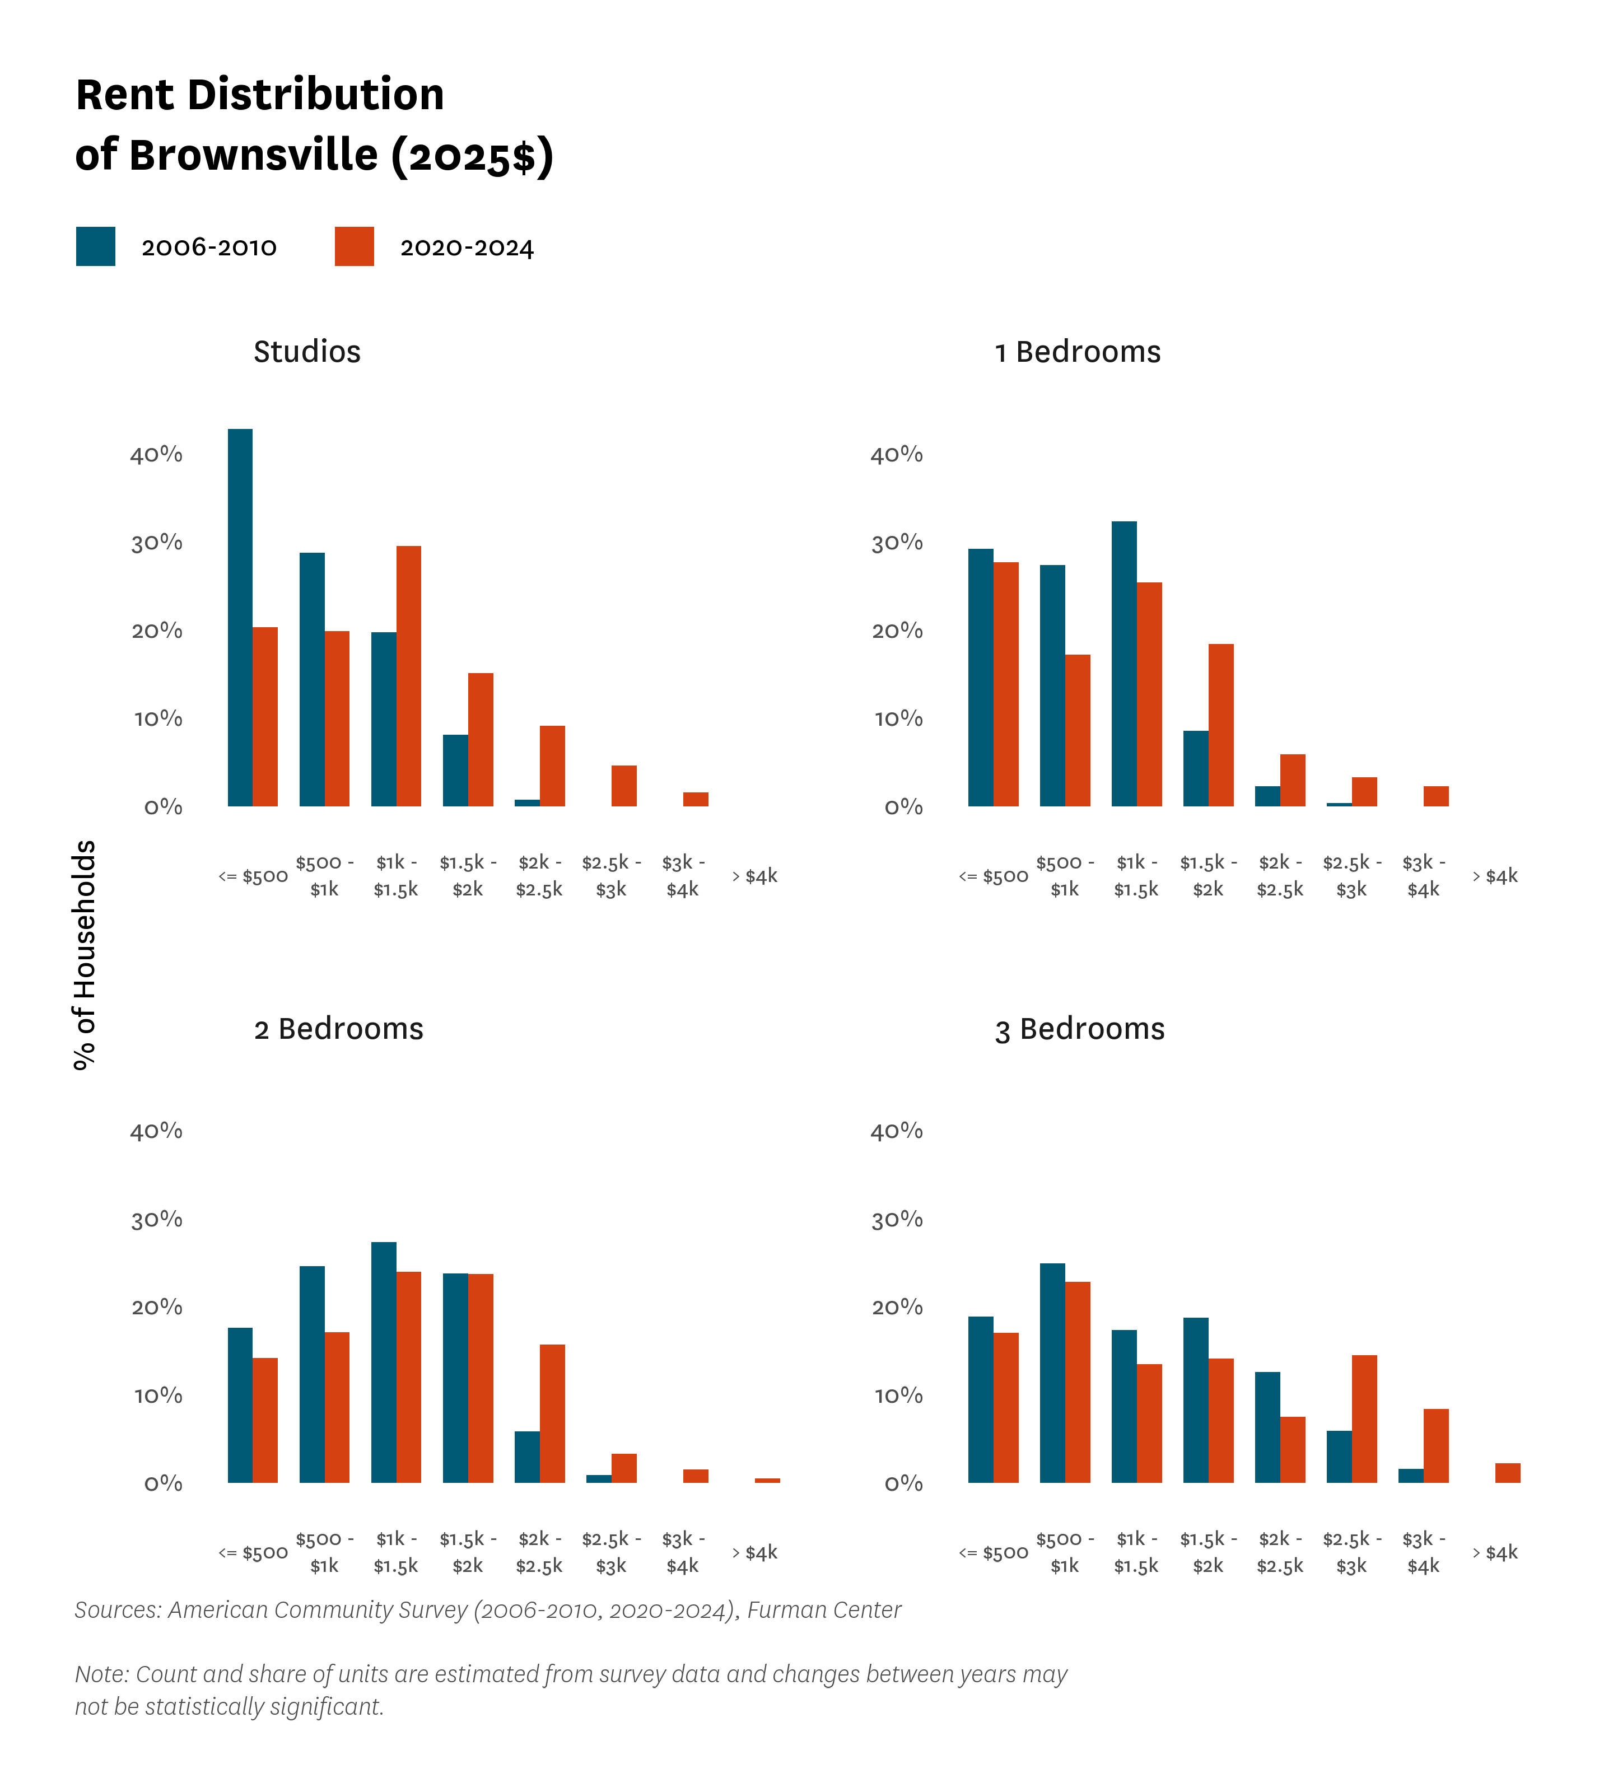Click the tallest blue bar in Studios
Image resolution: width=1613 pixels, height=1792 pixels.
point(240,618)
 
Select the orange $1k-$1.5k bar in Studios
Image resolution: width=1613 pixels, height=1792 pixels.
point(408,676)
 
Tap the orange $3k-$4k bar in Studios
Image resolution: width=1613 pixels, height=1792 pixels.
point(696,799)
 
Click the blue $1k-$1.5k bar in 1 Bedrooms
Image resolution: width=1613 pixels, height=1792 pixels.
point(1124,664)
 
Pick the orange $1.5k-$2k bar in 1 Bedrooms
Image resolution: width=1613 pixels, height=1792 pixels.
point(1220,725)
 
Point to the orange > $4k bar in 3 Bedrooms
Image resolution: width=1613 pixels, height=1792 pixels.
point(1508,1473)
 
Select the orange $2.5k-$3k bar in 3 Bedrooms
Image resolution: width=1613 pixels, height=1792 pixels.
point(1364,1419)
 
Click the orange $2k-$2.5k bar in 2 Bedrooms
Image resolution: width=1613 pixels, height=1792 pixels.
point(552,1413)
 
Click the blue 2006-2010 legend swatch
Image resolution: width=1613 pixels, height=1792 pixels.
point(96,246)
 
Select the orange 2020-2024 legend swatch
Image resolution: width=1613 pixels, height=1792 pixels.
point(355,246)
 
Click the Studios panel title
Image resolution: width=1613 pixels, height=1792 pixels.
point(307,352)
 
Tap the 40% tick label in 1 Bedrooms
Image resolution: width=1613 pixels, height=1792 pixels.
point(896,455)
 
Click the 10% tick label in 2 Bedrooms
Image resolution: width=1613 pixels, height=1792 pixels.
point(158,1396)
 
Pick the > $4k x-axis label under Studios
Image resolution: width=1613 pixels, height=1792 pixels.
point(755,876)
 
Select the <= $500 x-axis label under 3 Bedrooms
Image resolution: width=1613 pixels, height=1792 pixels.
point(994,1553)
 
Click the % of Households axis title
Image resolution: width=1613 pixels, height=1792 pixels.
point(84,955)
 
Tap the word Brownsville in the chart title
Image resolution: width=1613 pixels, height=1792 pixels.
point(254,155)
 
